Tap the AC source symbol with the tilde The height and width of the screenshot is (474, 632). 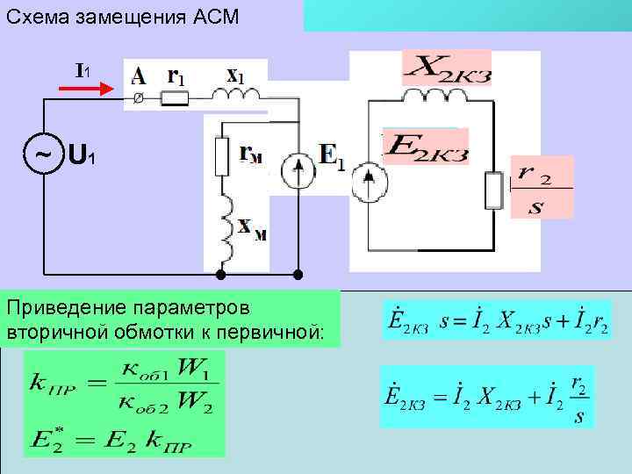point(42,156)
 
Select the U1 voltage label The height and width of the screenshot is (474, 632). point(82,157)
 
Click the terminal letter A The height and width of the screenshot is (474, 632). point(139,75)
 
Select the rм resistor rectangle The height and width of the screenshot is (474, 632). point(221,155)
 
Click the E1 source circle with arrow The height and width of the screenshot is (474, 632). point(299,173)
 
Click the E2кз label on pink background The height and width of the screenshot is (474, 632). point(426,147)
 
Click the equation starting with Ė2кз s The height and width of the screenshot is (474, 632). point(497,320)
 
